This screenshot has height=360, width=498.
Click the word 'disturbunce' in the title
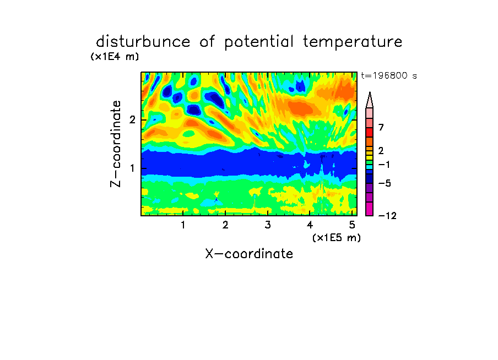click(143, 42)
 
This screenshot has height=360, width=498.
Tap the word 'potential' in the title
click(259, 42)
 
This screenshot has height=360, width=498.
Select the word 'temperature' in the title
click(353, 42)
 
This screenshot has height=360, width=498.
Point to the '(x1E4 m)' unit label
click(115, 57)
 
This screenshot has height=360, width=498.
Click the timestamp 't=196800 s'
click(389, 76)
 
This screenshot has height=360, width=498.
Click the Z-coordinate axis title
click(116, 144)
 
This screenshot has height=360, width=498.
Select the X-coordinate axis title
click(249, 254)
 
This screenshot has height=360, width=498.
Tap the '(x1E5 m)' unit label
click(337, 238)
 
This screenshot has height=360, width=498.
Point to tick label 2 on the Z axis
click(132, 120)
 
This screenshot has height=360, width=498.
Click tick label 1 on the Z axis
click(132, 168)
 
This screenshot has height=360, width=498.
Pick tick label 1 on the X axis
click(183, 225)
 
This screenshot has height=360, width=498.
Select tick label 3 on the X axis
click(268, 225)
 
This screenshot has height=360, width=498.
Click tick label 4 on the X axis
click(310, 225)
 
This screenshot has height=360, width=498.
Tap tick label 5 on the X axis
click(352, 225)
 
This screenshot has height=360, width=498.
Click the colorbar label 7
click(381, 127)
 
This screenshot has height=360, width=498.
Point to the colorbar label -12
click(387, 216)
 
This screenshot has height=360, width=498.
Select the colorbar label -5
click(385, 183)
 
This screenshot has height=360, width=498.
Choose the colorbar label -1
click(384, 165)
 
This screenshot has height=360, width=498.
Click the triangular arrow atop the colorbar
click(370, 100)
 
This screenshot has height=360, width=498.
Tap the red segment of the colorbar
click(370, 132)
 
